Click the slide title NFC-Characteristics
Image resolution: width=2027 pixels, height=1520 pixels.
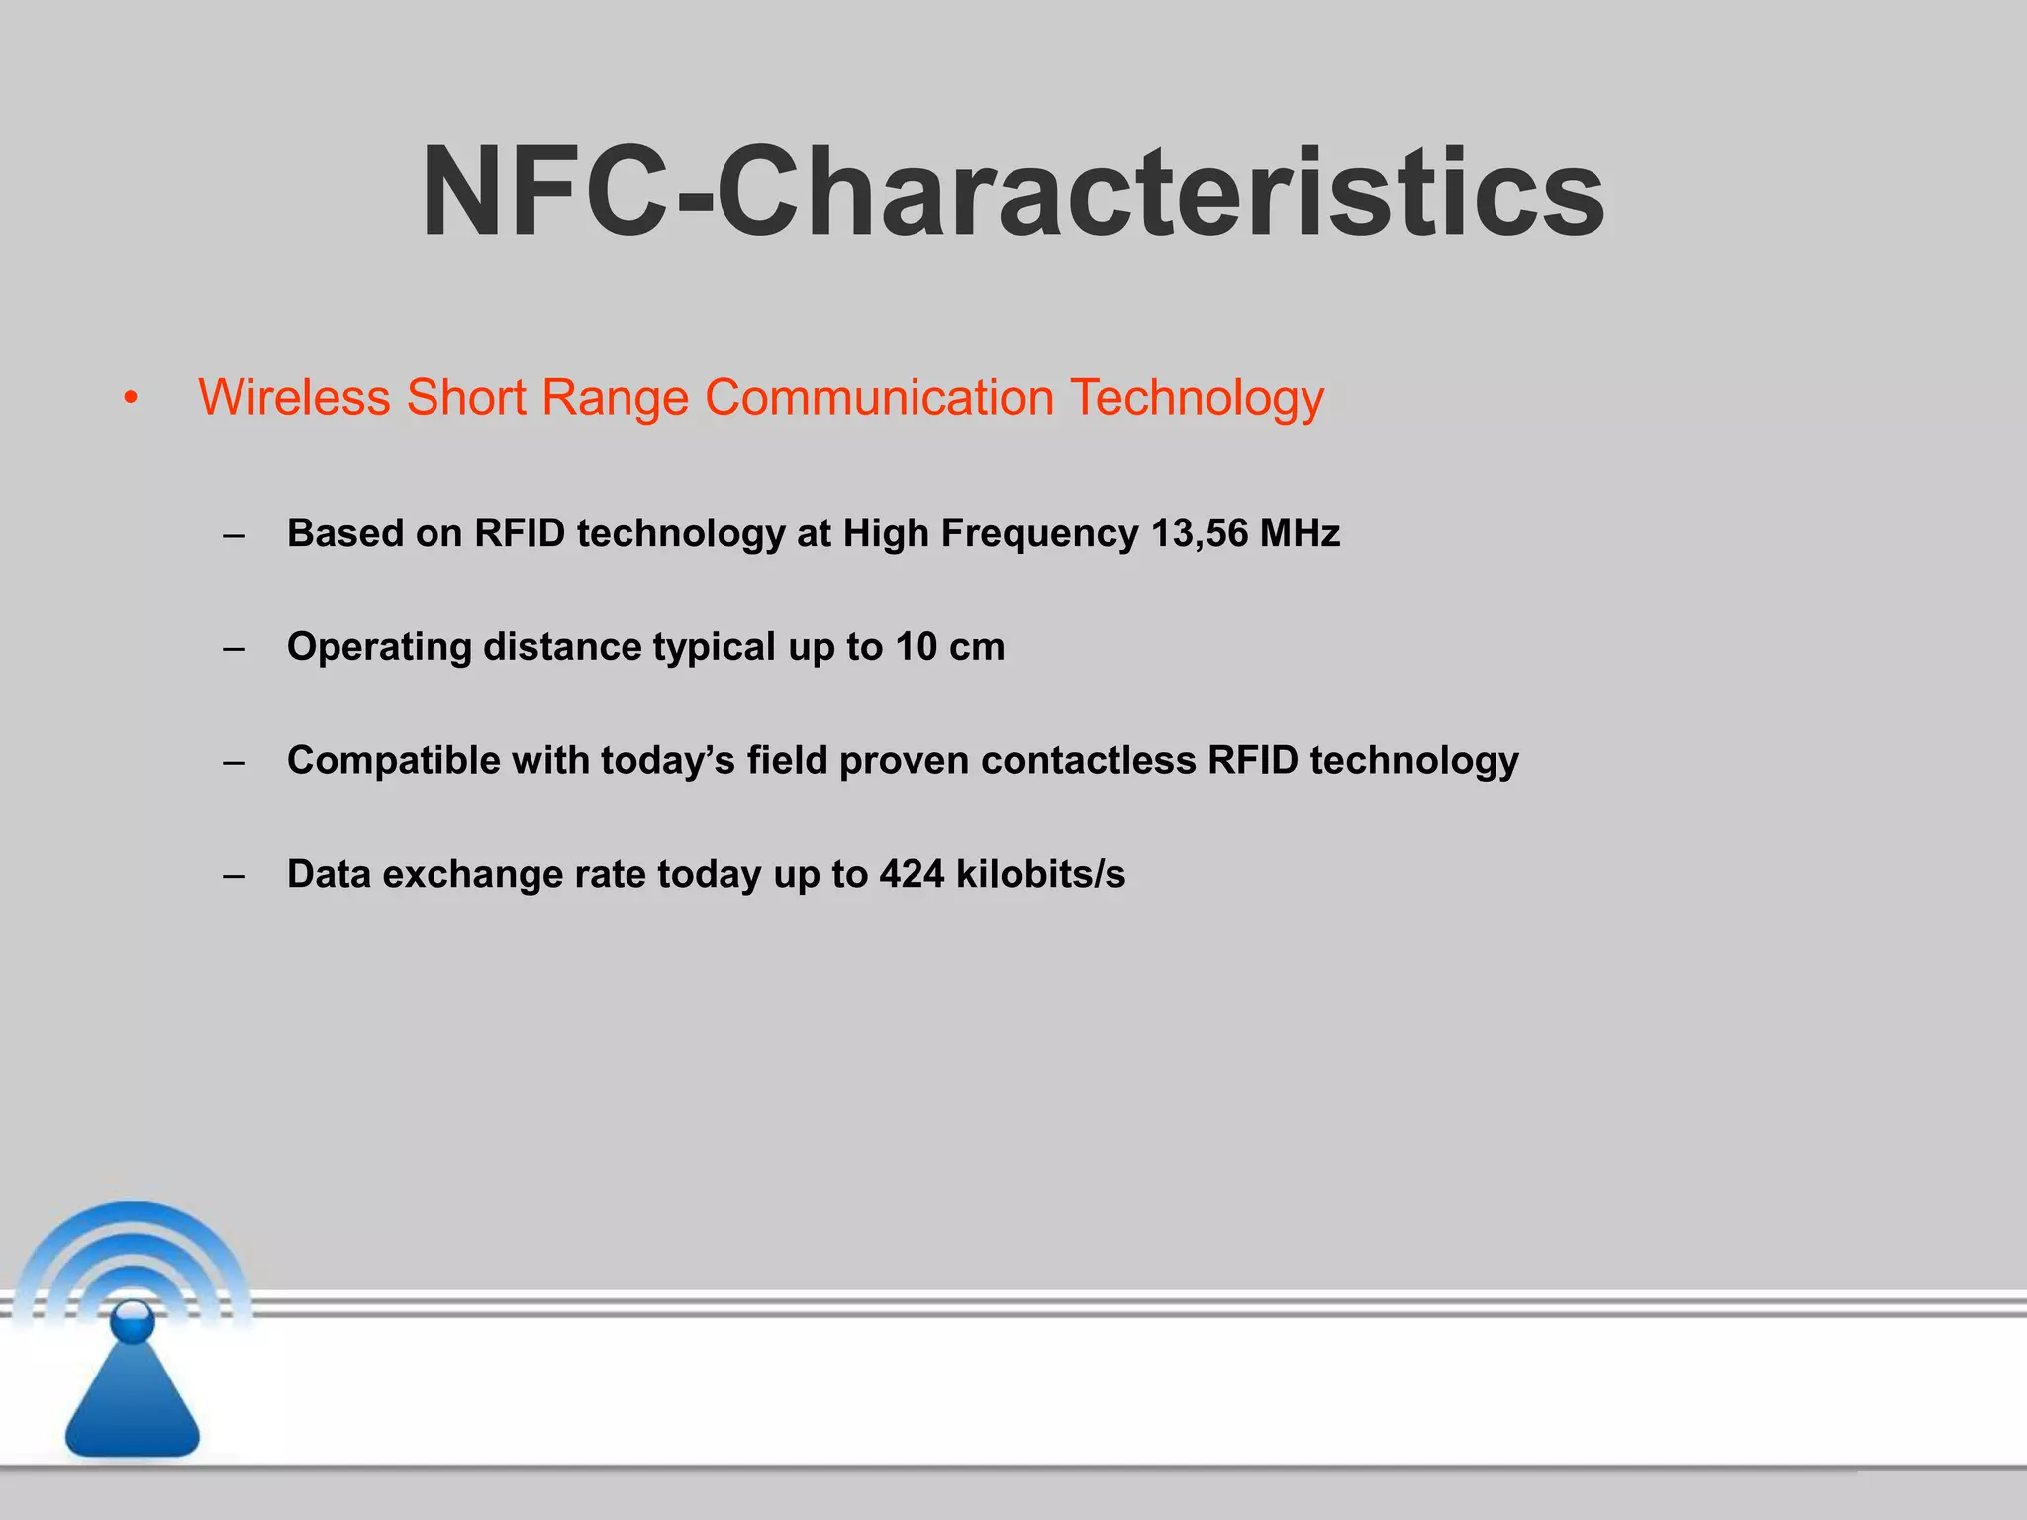tap(1012, 192)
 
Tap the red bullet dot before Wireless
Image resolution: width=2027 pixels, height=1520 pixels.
tap(131, 400)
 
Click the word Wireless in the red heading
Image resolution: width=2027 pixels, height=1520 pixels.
tap(294, 398)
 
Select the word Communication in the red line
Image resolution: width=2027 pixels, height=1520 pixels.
tap(879, 398)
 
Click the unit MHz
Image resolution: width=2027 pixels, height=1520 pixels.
tap(1300, 533)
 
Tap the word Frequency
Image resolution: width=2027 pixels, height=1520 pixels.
tap(1039, 535)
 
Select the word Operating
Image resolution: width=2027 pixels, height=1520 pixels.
tap(379, 648)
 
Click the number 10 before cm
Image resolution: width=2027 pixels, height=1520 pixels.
tap(916, 647)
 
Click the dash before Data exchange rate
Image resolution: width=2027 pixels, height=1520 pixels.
tap(235, 876)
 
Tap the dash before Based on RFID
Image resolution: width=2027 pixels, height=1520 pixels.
tap(235, 535)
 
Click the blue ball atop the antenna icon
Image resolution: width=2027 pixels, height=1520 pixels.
tap(133, 1320)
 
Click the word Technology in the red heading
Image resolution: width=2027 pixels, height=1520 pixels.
tap(1197, 398)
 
